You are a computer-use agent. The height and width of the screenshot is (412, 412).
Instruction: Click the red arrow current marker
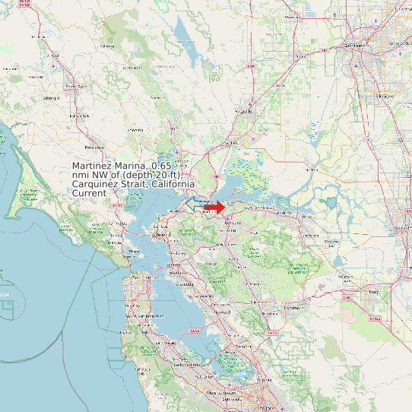click(215, 207)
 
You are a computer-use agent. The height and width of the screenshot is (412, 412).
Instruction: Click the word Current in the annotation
click(89, 194)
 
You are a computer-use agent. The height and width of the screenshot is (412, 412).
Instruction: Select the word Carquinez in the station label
click(95, 185)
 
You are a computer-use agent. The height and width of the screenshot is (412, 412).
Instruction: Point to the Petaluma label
click(94, 147)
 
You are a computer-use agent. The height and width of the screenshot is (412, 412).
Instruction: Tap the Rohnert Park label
click(79, 115)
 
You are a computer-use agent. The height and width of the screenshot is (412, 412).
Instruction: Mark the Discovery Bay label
click(332, 242)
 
